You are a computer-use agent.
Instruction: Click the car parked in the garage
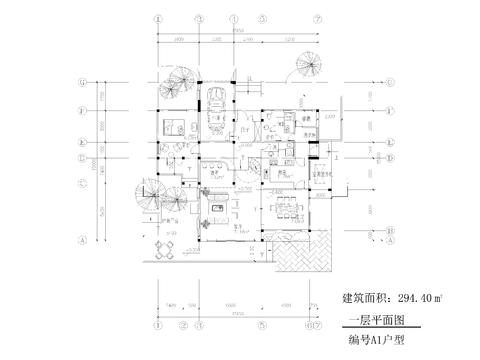coord(216,103)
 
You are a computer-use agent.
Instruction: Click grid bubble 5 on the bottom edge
coord(262,325)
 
